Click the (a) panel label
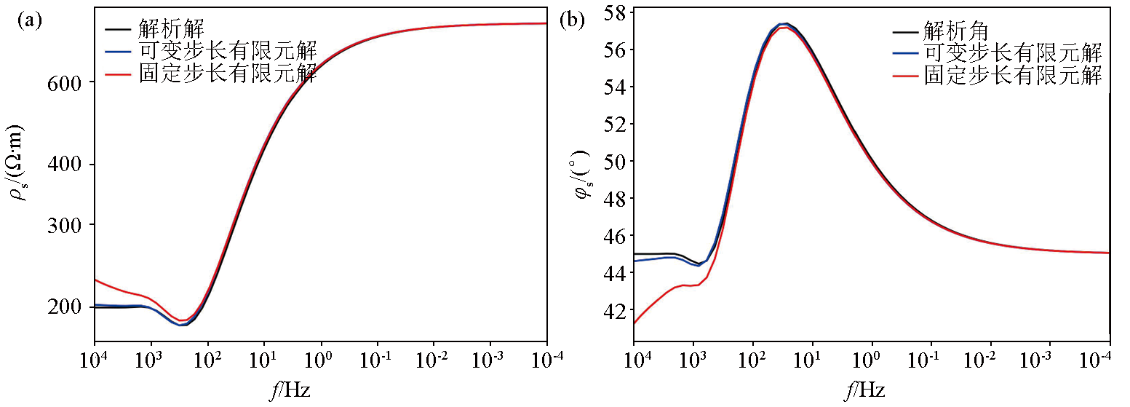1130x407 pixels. click(30, 20)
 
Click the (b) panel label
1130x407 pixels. click(572, 20)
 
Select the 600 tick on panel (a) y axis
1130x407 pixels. click(68, 82)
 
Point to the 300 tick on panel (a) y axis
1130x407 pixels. click(68, 225)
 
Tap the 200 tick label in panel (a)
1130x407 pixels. click(68, 307)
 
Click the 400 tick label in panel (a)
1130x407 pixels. click(68, 165)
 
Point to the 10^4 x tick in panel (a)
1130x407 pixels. click(94, 360)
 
